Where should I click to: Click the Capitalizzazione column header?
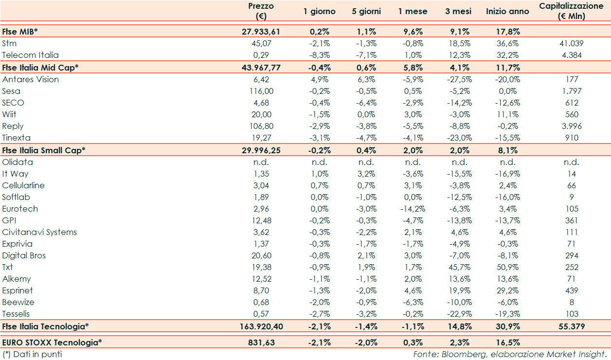pyautogui.click(x=572, y=11)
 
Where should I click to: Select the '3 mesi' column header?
pyautogui.click(x=458, y=11)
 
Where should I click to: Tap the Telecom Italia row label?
pyautogui.click(x=30, y=55)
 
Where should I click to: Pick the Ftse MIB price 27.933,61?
pyautogui.click(x=261, y=32)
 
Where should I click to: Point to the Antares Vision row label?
pyautogui.click(x=30, y=79)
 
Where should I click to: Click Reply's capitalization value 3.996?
pyautogui.click(x=572, y=126)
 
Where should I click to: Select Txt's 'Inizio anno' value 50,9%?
pyautogui.click(x=507, y=267)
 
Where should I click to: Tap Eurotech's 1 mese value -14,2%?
pyautogui.click(x=413, y=209)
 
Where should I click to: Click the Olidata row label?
pyautogui.click(x=18, y=162)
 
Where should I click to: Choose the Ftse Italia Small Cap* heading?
pyautogui.click(x=44, y=150)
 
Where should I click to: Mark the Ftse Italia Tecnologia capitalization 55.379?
pyautogui.click(x=572, y=326)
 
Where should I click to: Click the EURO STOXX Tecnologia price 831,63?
pyautogui.click(x=261, y=342)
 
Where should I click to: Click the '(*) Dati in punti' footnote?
pyautogui.click(x=33, y=354)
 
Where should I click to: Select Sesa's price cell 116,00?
pyautogui.click(x=261, y=91)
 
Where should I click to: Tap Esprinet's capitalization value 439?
pyautogui.click(x=572, y=290)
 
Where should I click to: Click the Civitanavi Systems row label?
pyautogui.click(x=39, y=232)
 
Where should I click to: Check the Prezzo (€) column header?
pyautogui.click(x=261, y=11)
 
